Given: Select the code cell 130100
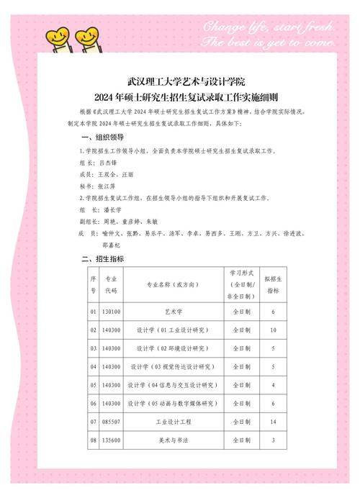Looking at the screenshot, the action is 112,312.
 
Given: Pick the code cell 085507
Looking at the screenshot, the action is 112,420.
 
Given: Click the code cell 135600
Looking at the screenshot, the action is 112,439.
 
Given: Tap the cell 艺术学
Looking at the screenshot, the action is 174,312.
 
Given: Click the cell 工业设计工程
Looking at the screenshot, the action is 174,420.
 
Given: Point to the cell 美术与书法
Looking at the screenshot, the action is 174,439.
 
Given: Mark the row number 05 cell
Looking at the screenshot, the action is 93,385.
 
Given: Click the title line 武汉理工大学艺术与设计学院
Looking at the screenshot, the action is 179,83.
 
